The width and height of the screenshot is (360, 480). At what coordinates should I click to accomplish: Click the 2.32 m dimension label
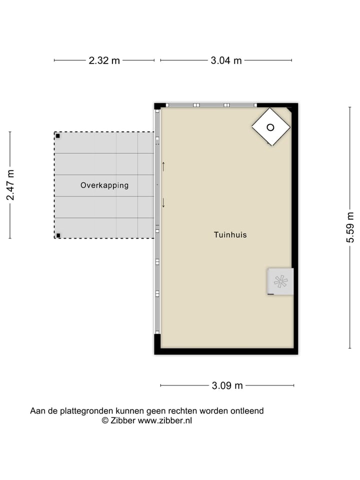click(x=104, y=60)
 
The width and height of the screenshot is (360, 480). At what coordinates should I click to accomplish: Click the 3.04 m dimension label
click(x=226, y=60)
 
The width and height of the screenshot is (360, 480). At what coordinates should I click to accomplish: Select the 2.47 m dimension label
click(x=10, y=185)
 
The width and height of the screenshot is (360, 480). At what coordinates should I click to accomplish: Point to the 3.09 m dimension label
click(x=227, y=385)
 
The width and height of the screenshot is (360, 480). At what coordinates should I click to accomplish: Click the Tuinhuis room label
click(x=230, y=234)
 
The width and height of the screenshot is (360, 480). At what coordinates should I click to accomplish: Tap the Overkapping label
click(x=104, y=185)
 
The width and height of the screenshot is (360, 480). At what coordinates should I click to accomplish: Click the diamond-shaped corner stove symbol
click(x=270, y=127)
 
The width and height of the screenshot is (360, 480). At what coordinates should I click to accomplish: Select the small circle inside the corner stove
click(x=270, y=127)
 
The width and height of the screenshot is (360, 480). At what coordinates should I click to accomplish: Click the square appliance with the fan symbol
click(x=280, y=281)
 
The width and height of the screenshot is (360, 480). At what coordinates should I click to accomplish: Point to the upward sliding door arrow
click(x=163, y=165)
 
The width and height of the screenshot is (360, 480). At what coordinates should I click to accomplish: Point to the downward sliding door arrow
click(x=163, y=202)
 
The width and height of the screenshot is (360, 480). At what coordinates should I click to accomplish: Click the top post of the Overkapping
click(x=58, y=136)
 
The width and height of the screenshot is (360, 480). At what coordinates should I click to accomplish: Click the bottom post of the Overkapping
click(x=58, y=235)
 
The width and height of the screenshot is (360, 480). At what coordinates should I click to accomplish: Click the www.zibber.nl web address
click(x=165, y=421)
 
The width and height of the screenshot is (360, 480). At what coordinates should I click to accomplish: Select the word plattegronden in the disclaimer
click(x=85, y=411)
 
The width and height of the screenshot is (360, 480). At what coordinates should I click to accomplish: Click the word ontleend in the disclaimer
click(x=246, y=411)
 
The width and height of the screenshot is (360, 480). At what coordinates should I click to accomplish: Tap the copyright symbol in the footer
click(x=105, y=421)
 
